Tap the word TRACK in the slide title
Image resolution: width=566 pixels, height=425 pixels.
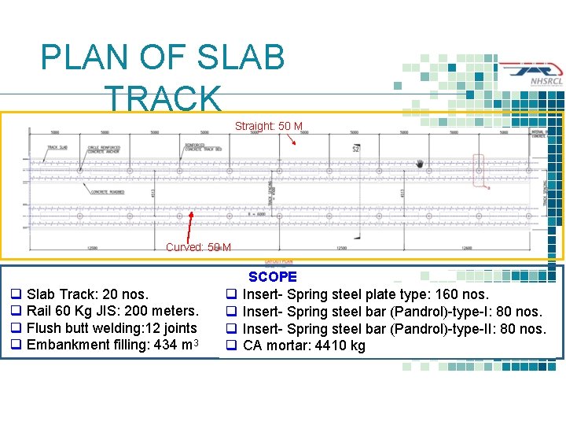[x=164, y=99]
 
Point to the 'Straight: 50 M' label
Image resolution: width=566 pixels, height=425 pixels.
[x=268, y=126]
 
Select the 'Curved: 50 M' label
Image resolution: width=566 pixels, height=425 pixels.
[x=198, y=247]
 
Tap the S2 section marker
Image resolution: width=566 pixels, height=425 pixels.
[x=356, y=149]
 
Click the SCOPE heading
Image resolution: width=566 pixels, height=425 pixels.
[x=273, y=277]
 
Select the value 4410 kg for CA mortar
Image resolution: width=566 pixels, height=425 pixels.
[x=343, y=346]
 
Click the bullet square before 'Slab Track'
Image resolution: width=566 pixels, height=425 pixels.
[x=15, y=295]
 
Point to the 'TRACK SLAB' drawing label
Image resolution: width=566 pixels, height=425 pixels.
[x=57, y=147]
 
